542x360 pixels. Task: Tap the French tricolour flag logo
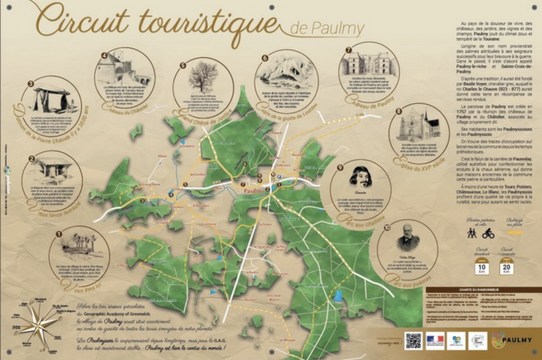[435, 340]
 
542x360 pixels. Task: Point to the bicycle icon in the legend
[488, 233]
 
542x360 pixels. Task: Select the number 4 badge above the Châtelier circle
[104, 56]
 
